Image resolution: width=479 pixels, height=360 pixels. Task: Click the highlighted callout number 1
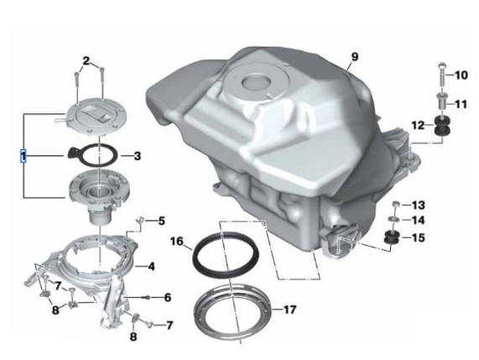click(x=23, y=156)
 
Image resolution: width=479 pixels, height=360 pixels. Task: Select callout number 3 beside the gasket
click(x=138, y=156)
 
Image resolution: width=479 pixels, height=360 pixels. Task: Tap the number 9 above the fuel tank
click(x=355, y=57)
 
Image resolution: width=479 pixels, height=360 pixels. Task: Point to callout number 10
click(x=461, y=76)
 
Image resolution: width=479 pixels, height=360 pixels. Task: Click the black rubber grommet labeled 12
click(x=442, y=126)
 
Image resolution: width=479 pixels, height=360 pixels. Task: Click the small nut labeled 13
click(x=395, y=204)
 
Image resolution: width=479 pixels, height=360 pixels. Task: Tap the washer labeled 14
click(x=393, y=219)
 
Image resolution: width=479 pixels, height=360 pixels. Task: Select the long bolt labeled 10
click(x=442, y=75)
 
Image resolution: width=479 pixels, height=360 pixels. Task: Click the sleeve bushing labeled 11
click(x=442, y=101)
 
